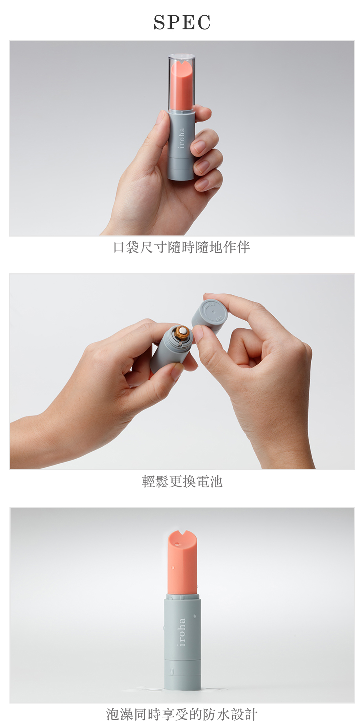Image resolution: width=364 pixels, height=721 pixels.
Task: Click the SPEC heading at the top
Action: (x=182, y=23)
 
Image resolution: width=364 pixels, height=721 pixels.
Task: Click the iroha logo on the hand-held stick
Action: (x=182, y=138)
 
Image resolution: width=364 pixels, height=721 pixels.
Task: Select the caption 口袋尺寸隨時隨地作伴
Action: (x=182, y=247)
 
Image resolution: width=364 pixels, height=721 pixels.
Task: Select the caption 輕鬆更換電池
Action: (x=182, y=481)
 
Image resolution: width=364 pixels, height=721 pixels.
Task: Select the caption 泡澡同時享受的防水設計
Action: (x=182, y=714)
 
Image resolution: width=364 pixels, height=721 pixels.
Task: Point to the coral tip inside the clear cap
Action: (x=182, y=86)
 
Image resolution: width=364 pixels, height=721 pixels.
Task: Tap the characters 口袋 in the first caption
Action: (x=127, y=247)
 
